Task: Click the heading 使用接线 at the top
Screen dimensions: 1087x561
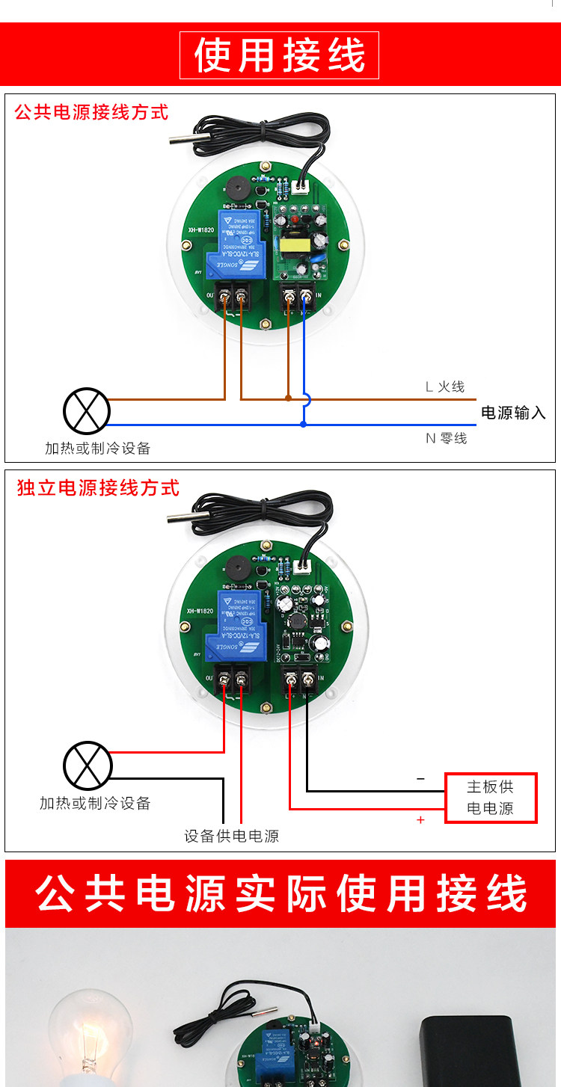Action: [x=280, y=56]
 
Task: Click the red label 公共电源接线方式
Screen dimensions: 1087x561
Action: [x=91, y=113]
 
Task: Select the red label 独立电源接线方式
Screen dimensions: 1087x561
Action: [x=98, y=488]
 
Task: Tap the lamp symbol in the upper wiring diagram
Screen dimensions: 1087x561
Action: [x=86, y=410]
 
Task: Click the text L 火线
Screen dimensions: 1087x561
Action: [x=444, y=387]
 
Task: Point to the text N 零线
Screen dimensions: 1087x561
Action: [x=446, y=438]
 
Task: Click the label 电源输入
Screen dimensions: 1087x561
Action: [x=513, y=413]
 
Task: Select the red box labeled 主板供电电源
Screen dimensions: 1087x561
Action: [x=491, y=798]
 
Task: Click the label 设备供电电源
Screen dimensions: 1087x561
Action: [x=231, y=836]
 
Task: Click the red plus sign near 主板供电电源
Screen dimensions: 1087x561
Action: [x=420, y=820]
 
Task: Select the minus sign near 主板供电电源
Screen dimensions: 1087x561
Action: [x=420, y=779]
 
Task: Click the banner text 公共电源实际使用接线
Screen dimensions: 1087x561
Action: [x=280, y=894]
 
